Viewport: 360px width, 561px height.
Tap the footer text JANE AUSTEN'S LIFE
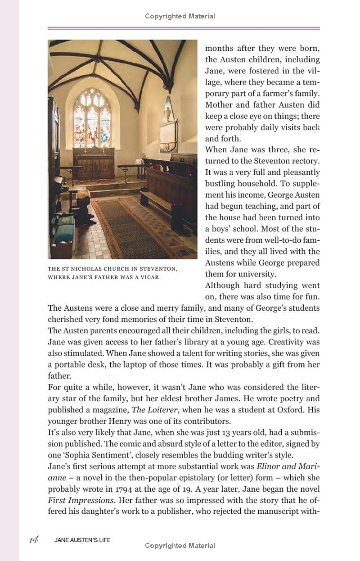point(82,540)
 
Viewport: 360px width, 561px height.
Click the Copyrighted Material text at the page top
point(180,16)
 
